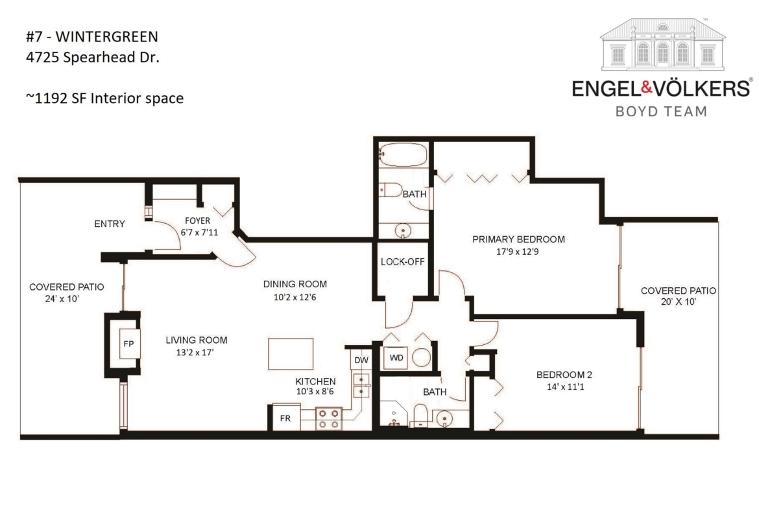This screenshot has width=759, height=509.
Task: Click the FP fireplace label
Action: click(128, 344)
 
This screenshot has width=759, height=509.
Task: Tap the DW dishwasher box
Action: click(361, 360)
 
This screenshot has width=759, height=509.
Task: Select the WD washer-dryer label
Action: click(396, 358)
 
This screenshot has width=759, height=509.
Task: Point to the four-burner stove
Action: click(329, 419)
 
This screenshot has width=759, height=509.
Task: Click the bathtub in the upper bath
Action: click(403, 155)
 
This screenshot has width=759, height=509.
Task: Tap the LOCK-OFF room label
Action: click(402, 262)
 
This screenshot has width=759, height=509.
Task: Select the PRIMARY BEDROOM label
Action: click(518, 239)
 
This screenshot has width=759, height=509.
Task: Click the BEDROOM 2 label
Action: click(564, 375)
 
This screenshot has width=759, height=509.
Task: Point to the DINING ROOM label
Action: click(295, 284)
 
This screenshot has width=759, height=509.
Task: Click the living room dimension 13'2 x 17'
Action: click(195, 353)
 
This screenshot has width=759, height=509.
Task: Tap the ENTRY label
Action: click(110, 224)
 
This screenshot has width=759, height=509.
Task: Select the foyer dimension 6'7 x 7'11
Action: click(199, 232)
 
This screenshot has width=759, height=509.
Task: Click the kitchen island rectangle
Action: click(291, 354)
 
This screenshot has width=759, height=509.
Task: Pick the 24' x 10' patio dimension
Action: click(62, 299)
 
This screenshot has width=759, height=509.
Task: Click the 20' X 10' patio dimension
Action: click(679, 302)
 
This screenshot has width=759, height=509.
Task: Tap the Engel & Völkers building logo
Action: click(662, 45)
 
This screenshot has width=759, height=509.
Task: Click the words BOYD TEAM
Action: click(661, 112)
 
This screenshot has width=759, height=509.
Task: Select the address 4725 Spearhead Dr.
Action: click(93, 58)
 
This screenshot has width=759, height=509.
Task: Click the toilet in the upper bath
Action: click(390, 190)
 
